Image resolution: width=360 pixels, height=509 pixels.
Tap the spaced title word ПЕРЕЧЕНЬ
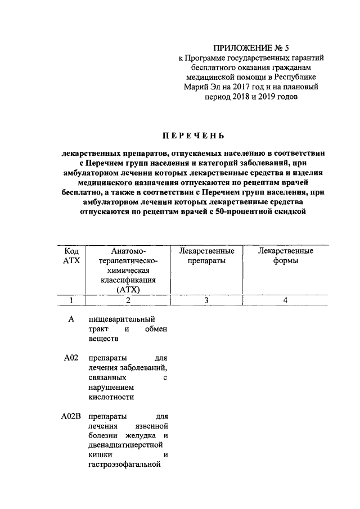[193, 136]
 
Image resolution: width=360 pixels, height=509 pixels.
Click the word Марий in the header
[197, 87]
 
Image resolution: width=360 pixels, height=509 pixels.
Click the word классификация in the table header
[128, 280]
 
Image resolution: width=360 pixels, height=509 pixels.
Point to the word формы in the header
[285, 261]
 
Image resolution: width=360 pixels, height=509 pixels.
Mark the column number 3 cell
[206, 300]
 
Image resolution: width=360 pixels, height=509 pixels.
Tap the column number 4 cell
[285, 300]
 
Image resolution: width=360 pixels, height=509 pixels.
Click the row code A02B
[72, 417]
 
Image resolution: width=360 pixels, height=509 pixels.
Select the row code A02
[71, 358]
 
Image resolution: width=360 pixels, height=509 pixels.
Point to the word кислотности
[111, 397]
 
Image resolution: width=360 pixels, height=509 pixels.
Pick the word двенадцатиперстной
[128, 445]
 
